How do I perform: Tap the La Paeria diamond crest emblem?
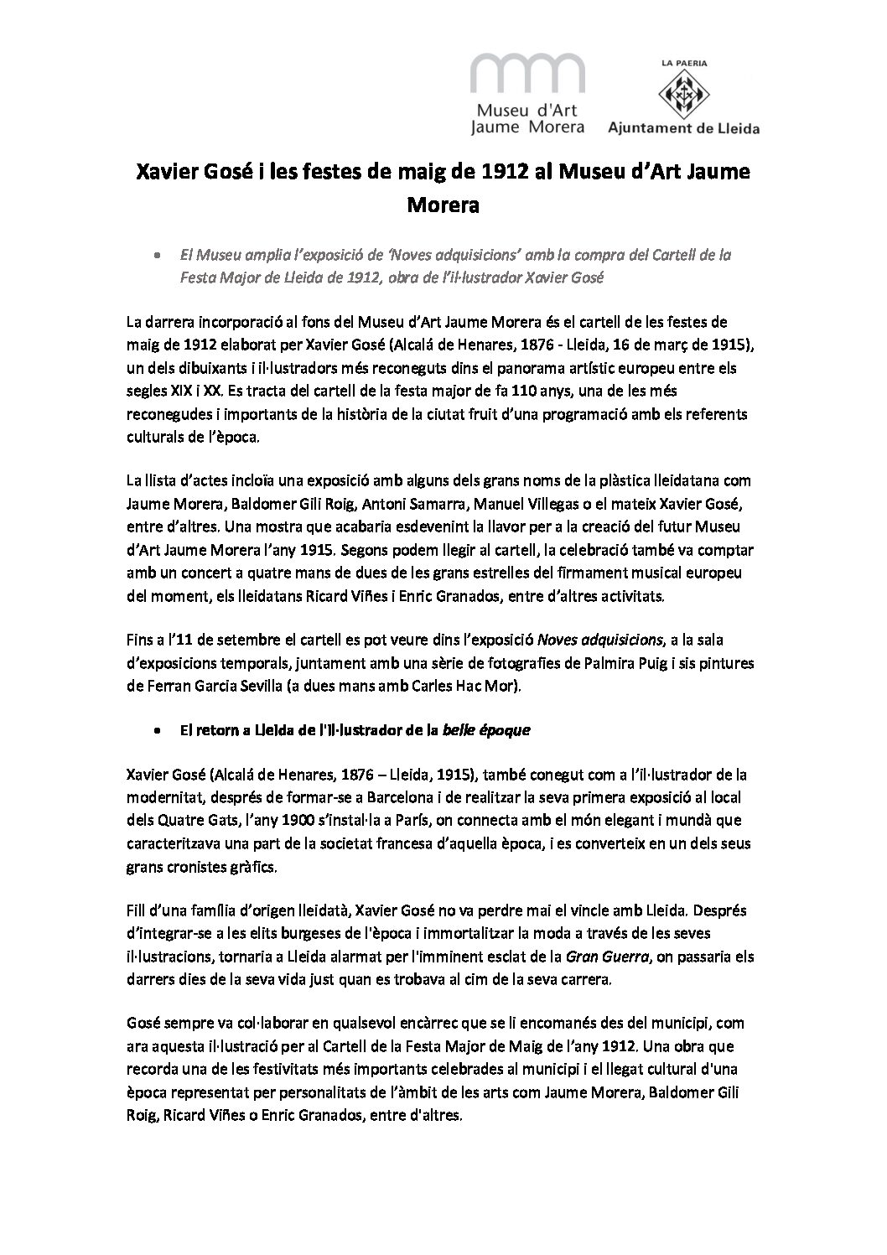click(691, 95)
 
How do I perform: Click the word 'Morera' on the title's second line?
click(443, 204)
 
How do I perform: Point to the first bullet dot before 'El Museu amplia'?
click(157, 254)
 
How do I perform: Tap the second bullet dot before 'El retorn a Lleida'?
click(157, 731)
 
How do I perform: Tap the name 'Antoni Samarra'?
click(474, 503)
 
